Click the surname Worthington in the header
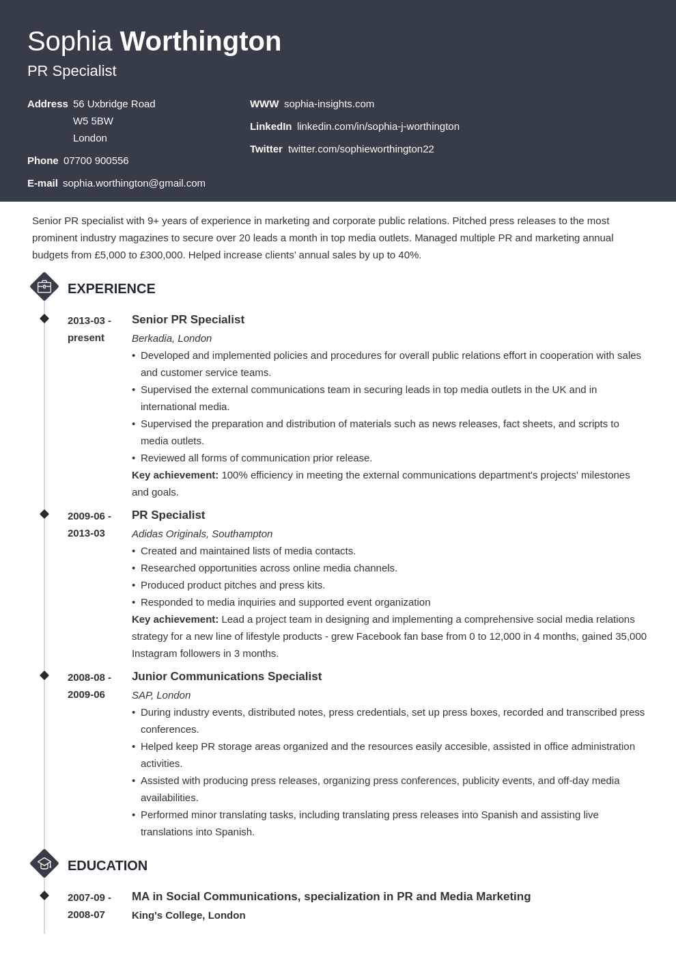pyautogui.click(x=200, y=42)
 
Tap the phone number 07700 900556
pyautogui.click(x=96, y=161)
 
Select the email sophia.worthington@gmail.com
pyautogui.click(x=134, y=183)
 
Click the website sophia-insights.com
pyautogui.click(x=328, y=104)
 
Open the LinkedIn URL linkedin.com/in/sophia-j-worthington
pyautogui.click(x=378, y=126)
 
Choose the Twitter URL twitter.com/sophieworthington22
pyautogui.click(x=361, y=149)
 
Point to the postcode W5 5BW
pyautogui.click(x=93, y=121)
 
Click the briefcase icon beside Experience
pyautogui.click(x=44, y=287)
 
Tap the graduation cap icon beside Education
pyautogui.click(x=44, y=864)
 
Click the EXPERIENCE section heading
pyautogui.click(x=111, y=288)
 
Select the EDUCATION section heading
pyautogui.click(x=107, y=865)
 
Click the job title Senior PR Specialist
pyautogui.click(x=188, y=320)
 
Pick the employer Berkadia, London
pyautogui.click(x=171, y=338)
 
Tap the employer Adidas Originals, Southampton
pyautogui.click(x=202, y=534)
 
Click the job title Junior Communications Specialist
pyautogui.click(x=226, y=677)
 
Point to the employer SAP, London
pyautogui.click(x=160, y=695)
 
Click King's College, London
pyautogui.click(x=188, y=915)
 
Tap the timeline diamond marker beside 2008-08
pyautogui.click(x=44, y=675)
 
